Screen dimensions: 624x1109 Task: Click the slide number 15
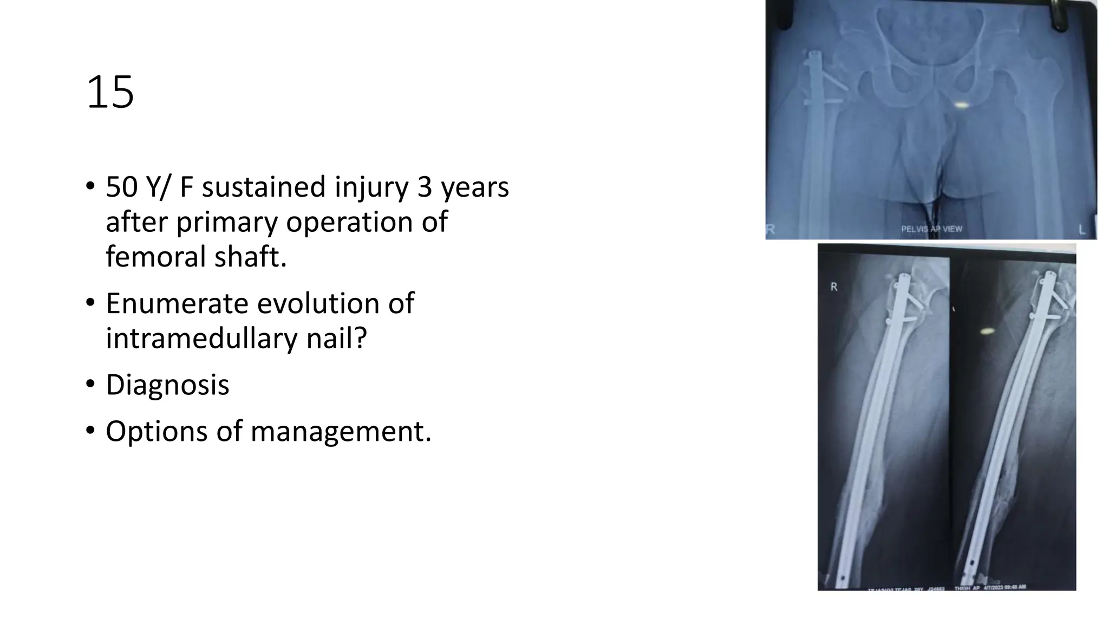(110, 93)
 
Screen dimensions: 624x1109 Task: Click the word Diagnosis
(167, 385)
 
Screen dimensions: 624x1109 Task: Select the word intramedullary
(201, 339)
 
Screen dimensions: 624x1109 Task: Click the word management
(341, 432)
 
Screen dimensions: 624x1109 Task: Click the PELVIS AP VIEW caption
(931, 229)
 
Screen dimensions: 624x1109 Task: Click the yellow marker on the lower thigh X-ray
(987, 330)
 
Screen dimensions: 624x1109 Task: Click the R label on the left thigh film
(834, 287)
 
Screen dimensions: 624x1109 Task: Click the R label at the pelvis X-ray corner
(771, 230)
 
